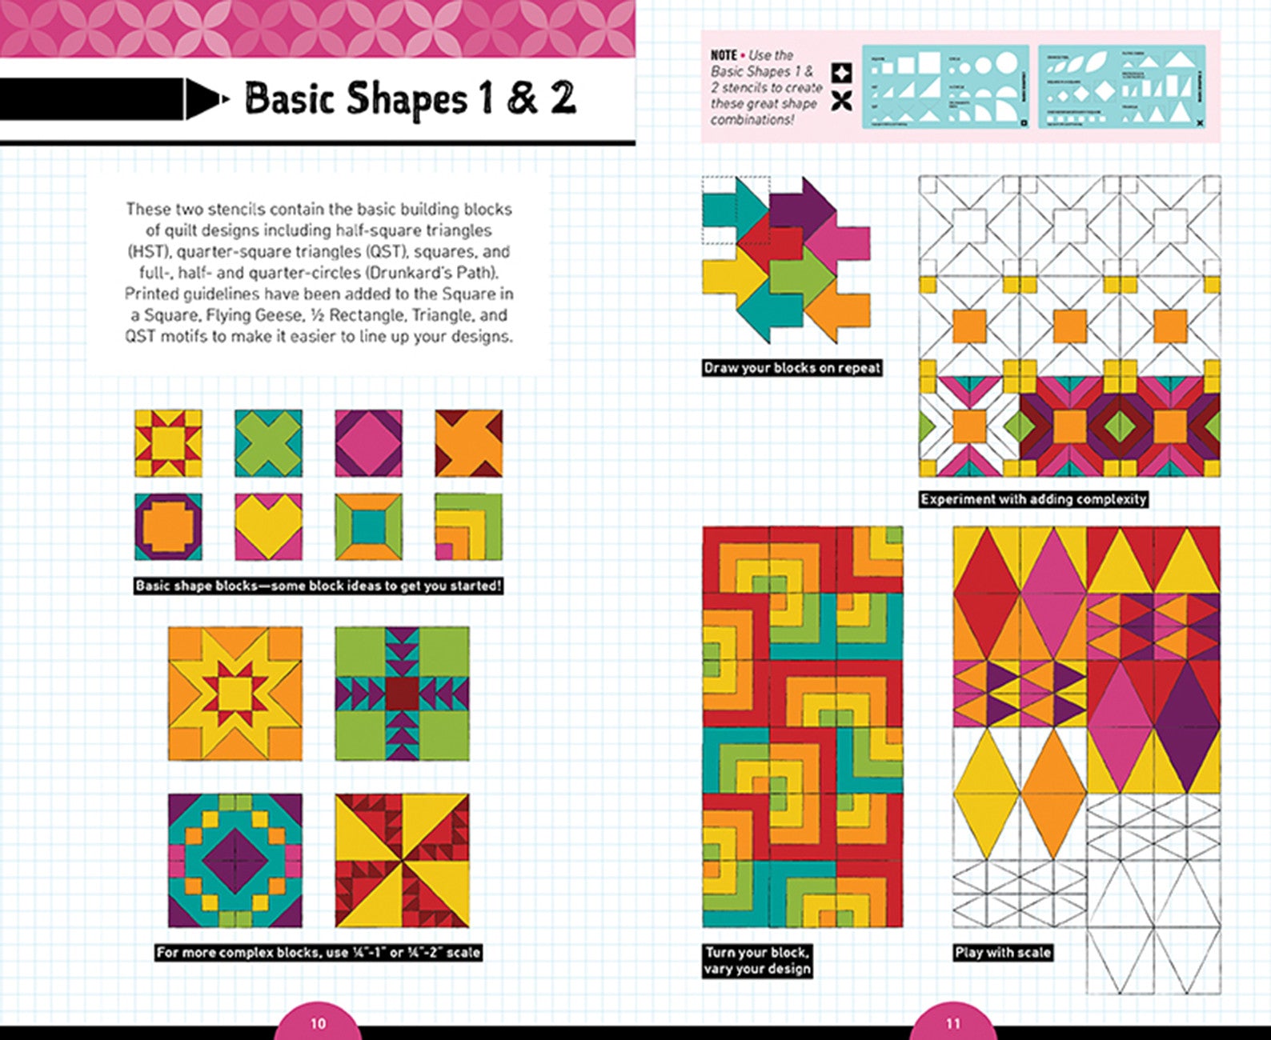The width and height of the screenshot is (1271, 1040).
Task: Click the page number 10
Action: pos(318,1023)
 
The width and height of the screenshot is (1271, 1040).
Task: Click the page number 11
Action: pos(952,1023)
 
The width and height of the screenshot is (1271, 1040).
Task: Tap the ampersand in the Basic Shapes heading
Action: pos(521,99)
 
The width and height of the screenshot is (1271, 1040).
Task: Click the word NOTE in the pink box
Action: pos(724,55)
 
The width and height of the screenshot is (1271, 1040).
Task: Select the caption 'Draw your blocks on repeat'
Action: pos(792,368)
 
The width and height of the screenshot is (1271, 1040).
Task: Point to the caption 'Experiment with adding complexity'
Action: pos(1033,499)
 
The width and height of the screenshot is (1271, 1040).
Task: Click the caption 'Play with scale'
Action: pos(1002,952)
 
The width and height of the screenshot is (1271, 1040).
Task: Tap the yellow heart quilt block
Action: pos(268,526)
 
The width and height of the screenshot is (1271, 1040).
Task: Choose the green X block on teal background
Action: pos(268,442)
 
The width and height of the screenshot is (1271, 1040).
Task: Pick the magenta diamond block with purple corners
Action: pos(368,442)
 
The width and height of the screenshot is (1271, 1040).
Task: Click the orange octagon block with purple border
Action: pos(168,526)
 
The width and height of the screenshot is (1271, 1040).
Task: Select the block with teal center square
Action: pos(368,526)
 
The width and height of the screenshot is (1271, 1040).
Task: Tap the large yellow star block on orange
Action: pos(235,693)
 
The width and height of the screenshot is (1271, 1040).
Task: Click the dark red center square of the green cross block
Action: pos(402,693)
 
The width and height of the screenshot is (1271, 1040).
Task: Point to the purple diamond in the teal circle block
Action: pos(235,860)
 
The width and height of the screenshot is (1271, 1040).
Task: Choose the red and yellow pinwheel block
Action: pos(402,860)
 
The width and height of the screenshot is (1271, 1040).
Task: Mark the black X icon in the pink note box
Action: pos(841,102)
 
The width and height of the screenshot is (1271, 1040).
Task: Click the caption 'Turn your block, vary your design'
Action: pos(756,960)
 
